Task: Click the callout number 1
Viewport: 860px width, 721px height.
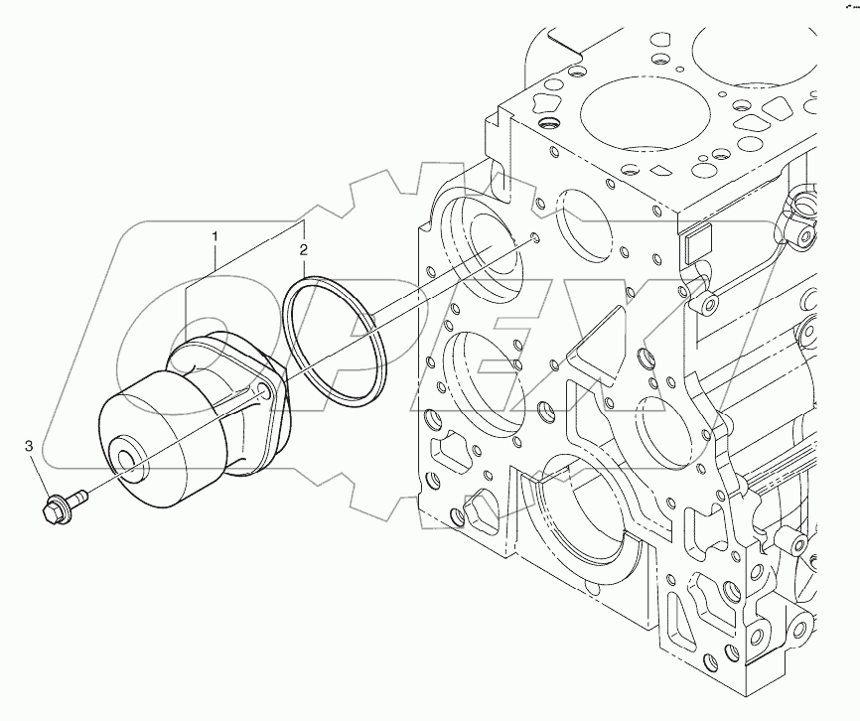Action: point(214,236)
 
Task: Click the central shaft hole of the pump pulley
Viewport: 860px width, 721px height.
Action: point(130,461)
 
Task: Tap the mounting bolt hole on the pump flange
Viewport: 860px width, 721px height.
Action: point(263,390)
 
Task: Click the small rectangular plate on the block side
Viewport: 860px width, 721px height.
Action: point(697,240)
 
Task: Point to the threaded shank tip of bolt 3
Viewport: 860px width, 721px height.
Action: point(81,495)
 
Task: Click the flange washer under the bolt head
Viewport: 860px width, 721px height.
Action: point(61,505)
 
